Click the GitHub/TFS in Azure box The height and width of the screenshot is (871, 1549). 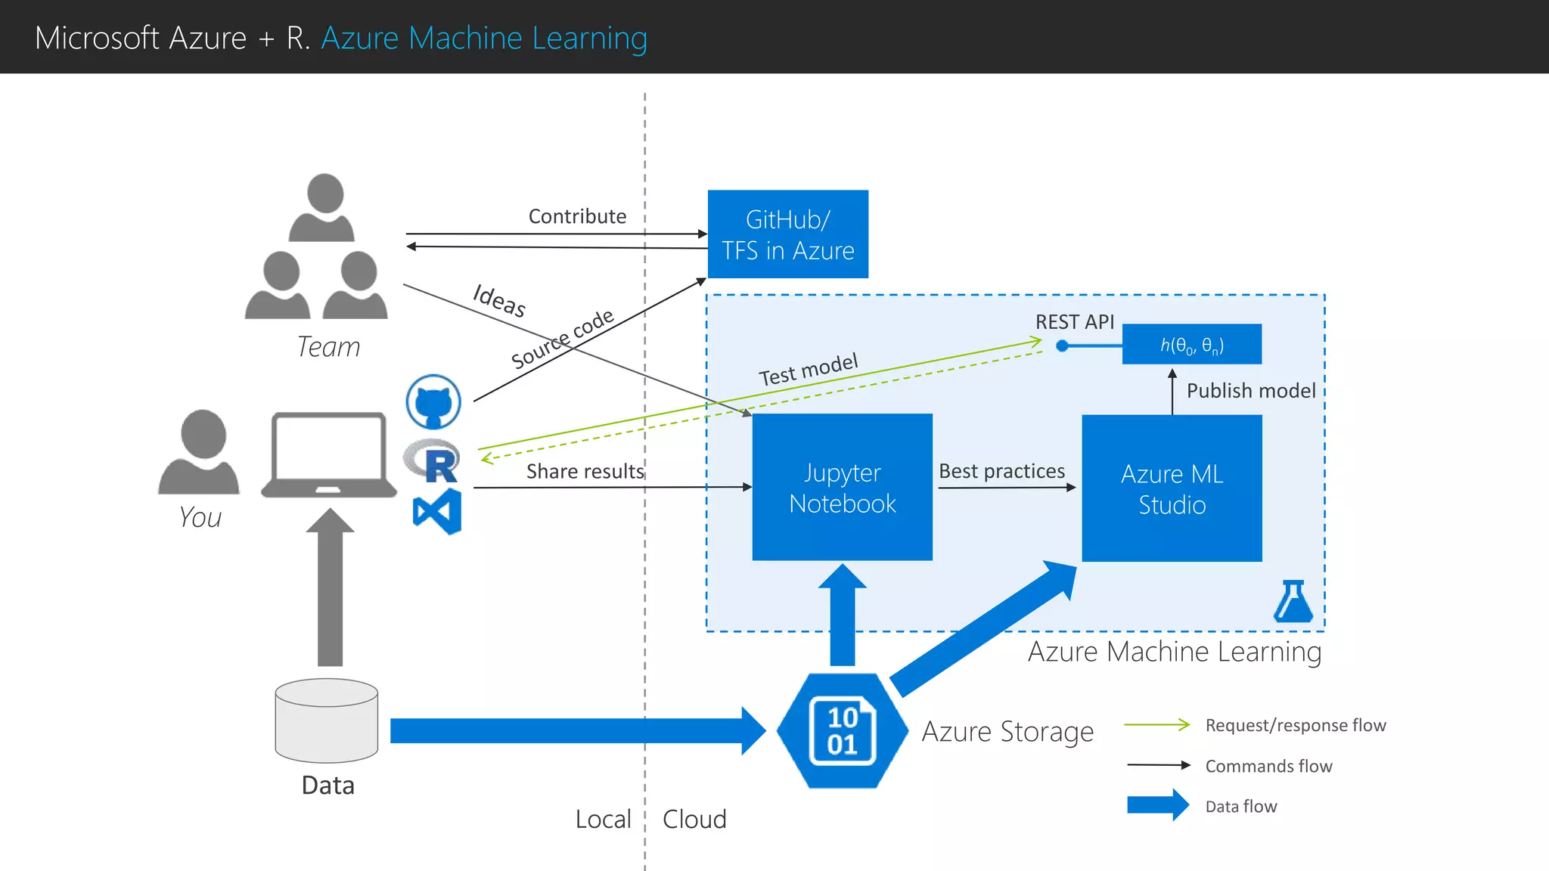point(787,234)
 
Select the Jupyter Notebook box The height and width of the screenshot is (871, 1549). point(842,487)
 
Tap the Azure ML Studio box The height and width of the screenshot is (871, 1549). point(1172,488)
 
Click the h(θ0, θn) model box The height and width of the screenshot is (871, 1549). point(1191,345)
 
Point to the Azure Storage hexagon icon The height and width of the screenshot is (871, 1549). point(842,731)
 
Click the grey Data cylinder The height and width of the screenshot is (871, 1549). point(327,720)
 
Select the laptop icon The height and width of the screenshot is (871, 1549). point(329,455)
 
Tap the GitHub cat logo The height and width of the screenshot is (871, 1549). point(433,401)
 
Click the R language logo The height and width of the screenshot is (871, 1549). point(433,460)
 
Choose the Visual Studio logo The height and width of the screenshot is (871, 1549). point(437,512)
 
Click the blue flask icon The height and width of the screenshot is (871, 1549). point(1293,602)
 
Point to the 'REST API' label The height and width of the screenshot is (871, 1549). point(1074,322)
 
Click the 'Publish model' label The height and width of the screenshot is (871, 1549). point(1250,391)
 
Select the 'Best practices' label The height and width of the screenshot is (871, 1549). point(1001,471)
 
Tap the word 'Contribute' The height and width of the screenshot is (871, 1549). point(577,216)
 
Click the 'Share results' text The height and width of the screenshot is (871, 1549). point(585,472)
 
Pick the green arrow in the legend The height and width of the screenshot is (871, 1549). point(1157,725)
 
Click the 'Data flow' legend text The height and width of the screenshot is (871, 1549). point(1240,807)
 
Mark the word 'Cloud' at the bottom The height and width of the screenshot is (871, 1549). point(694,820)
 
